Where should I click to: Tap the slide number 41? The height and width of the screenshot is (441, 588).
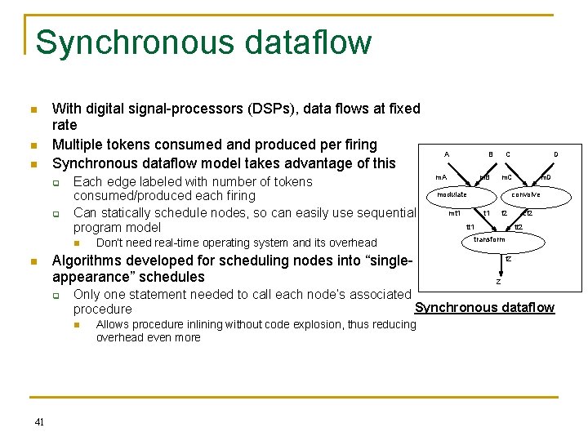click(39, 421)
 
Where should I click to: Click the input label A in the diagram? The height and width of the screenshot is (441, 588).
click(446, 154)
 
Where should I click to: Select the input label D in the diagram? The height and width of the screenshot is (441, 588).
click(556, 154)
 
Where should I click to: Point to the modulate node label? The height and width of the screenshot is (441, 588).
click(452, 194)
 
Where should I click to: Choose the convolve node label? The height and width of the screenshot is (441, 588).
click(525, 194)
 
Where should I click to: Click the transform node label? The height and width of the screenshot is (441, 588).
click(489, 239)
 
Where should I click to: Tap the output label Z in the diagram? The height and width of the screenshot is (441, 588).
click(498, 282)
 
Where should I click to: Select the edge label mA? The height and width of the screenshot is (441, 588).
click(441, 177)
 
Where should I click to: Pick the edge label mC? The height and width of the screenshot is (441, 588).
click(506, 177)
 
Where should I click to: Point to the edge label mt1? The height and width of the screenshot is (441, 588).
click(456, 213)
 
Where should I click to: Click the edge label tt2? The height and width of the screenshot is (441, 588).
click(518, 226)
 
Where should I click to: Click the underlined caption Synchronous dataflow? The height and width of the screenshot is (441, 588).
click(484, 308)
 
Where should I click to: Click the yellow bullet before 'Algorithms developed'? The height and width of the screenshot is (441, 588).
click(32, 261)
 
